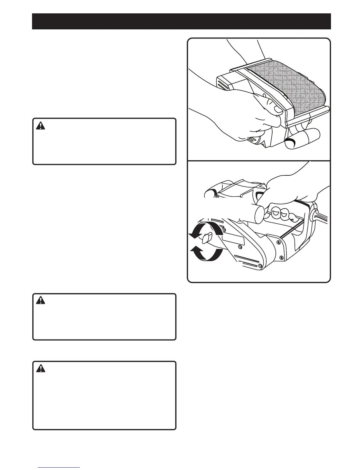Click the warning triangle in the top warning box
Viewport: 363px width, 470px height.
(x=40, y=126)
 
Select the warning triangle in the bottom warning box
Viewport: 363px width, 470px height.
(x=40, y=369)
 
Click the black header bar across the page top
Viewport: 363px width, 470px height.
(x=181, y=21)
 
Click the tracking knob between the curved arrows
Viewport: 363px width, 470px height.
(x=206, y=238)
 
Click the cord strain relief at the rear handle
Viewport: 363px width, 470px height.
(x=314, y=215)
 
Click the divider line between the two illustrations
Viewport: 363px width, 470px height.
(x=259, y=161)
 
